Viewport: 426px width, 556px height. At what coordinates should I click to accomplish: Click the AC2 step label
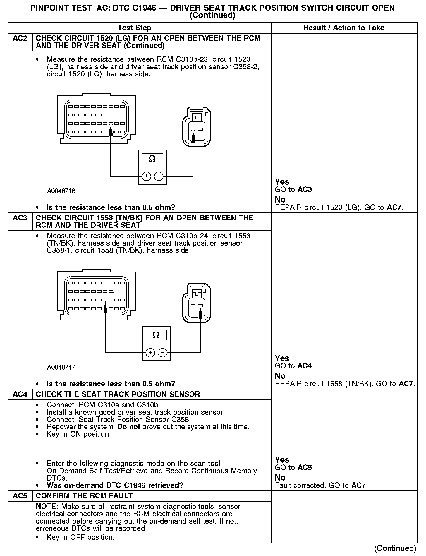[x=20, y=39]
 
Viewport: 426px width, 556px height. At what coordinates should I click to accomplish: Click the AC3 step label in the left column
[x=20, y=218]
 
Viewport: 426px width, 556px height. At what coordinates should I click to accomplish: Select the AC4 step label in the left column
[x=20, y=394]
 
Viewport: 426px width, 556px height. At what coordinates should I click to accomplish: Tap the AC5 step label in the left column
[x=20, y=496]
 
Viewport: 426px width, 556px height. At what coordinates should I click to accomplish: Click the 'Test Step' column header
[x=134, y=28]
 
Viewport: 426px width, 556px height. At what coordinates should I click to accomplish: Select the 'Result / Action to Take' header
[x=344, y=28]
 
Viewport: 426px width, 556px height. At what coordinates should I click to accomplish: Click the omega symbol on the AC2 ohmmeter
[x=152, y=159]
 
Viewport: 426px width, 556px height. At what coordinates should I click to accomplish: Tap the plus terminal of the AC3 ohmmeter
[x=150, y=353]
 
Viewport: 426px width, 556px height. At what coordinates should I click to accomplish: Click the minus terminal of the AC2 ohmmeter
[x=159, y=176]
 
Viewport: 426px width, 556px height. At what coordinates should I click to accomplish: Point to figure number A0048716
[x=61, y=191]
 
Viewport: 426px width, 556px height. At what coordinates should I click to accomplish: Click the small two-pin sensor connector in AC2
[x=196, y=126]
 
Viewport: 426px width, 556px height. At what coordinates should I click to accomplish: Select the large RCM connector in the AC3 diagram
[x=96, y=296]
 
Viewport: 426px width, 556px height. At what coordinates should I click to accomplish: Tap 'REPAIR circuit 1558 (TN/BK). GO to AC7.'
[x=345, y=384]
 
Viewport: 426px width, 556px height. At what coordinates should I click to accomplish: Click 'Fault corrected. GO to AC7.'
[x=321, y=485]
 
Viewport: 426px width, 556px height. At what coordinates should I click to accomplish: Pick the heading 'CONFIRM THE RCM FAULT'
[x=84, y=496]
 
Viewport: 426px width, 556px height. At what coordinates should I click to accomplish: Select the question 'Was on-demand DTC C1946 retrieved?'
[x=115, y=485]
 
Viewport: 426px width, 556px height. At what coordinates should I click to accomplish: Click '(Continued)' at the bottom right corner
[x=395, y=548]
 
